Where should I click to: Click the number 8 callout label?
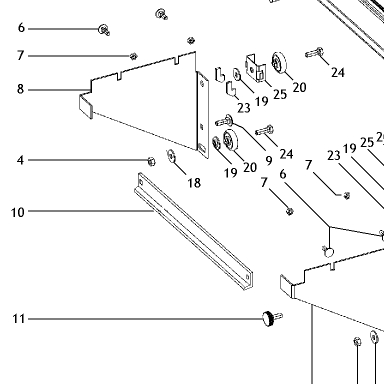[x=21, y=89]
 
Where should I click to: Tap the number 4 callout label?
[x=21, y=160]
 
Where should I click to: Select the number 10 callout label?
[x=18, y=212]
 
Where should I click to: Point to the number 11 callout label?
[x=19, y=319]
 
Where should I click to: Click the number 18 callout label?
[x=194, y=183]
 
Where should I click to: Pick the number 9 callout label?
[x=269, y=160]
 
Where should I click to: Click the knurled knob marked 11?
[x=268, y=319]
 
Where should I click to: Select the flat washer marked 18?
[x=171, y=156]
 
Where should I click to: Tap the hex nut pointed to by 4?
[x=151, y=161]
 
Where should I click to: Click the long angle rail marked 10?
[x=193, y=231]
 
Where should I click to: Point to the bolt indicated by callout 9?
[x=224, y=121]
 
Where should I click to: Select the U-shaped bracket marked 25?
[x=256, y=68]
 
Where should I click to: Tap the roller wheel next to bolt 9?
[x=229, y=140]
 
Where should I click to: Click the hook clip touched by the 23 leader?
[x=231, y=89]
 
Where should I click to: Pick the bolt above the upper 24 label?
[x=314, y=52]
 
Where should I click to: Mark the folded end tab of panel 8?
[x=86, y=106]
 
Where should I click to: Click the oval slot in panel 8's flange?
[x=203, y=147]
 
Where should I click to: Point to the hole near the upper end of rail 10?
[x=141, y=182]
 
